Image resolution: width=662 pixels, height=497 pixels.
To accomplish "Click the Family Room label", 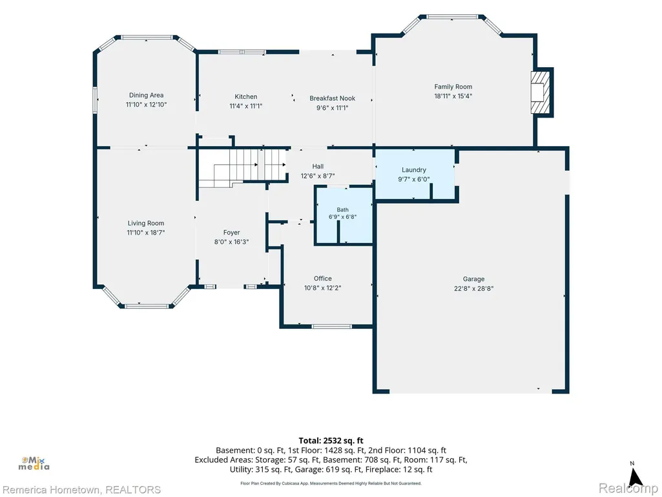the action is (x=453, y=87).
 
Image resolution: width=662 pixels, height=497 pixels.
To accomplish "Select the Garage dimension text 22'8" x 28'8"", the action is (x=473, y=289).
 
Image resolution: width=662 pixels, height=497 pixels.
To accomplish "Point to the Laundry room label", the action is (x=414, y=170).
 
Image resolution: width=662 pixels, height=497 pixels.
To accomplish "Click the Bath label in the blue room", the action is (x=343, y=209).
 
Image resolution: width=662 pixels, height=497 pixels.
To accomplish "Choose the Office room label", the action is (x=322, y=279).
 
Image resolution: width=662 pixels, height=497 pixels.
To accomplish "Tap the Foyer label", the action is (x=231, y=233).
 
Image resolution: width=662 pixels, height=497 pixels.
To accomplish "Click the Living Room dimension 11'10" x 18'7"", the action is (x=146, y=233).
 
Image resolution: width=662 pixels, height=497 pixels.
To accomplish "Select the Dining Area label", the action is (x=146, y=95).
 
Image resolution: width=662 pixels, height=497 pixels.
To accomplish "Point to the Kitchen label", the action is (x=245, y=97).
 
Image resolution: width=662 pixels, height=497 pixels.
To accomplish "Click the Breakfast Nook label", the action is (x=332, y=98).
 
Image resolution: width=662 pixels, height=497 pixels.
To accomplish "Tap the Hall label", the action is (x=318, y=167).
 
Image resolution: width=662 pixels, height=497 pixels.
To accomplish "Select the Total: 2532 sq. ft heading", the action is (x=331, y=441).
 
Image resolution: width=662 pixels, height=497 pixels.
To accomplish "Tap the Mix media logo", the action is (x=34, y=463).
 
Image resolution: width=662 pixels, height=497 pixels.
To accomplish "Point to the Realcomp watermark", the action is (x=628, y=489).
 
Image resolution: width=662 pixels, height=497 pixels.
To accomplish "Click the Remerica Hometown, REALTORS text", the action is (x=81, y=490).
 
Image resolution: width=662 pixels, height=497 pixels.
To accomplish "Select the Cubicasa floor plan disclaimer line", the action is (x=331, y=483).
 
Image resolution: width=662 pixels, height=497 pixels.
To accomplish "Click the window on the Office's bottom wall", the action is (x=331, y=326).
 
